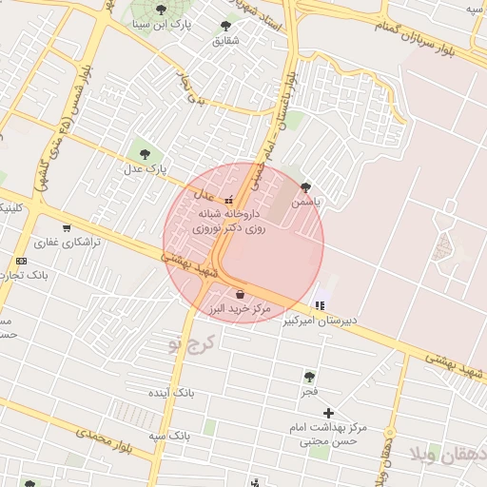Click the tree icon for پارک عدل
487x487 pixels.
pos(145,152)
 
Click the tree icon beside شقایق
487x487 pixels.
pos(225,26)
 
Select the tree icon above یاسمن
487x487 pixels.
pos(304,187)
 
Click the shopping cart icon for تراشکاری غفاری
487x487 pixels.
pos(66,227)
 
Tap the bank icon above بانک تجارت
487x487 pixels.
pos(21,261)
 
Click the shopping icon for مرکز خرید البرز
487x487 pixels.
pos(240,293)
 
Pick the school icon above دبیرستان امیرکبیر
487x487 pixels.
pos(319,305)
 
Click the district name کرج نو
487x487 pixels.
pos(192,341)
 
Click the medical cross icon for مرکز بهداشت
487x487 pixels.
pos(329,412)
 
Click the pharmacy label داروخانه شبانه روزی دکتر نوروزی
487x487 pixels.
pos(231,223)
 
